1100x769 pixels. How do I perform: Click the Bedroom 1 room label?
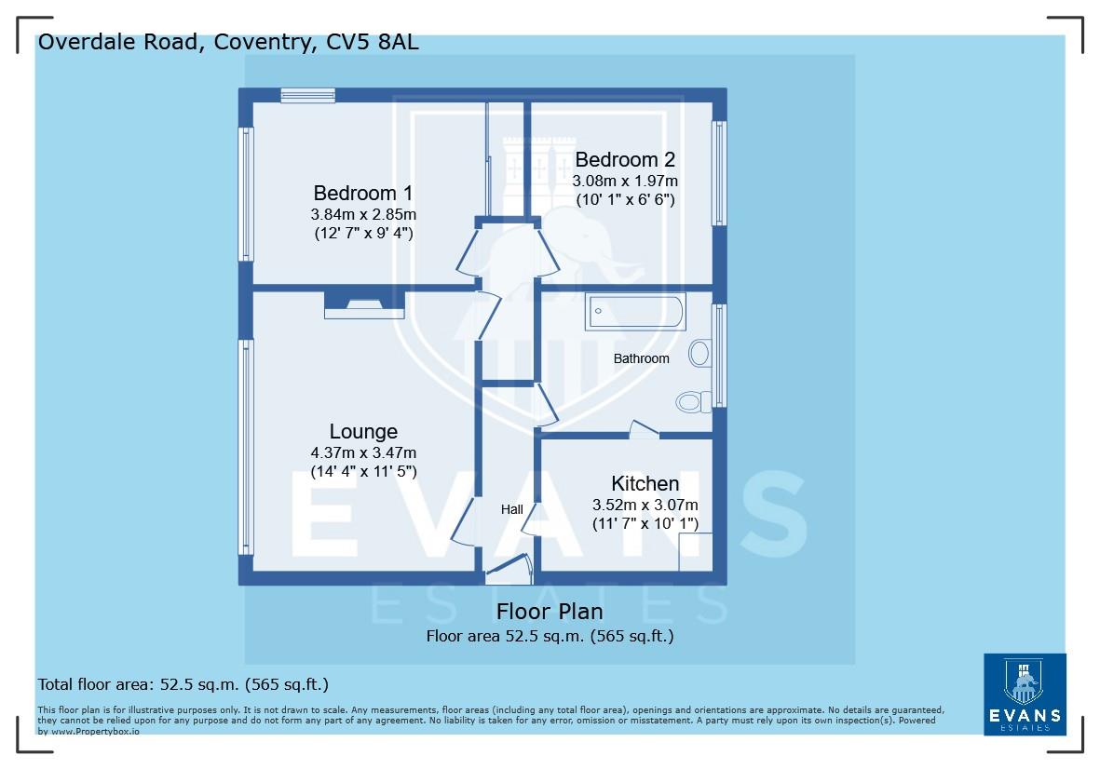pos(362,194)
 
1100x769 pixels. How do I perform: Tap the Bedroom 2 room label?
pos(624,159)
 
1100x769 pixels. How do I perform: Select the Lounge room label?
pos(363,432)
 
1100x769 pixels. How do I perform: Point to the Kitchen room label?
pos(645,484)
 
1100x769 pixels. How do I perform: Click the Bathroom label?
pos(641,358)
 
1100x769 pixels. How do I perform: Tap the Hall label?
pos(511,509)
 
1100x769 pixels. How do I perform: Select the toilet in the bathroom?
pos(692,401)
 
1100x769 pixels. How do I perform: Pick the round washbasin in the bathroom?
pos(699,353)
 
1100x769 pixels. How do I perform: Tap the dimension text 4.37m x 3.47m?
pos(363,452)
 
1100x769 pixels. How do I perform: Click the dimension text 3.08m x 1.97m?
pos(624,181)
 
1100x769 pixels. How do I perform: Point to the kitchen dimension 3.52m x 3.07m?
pos(645,505)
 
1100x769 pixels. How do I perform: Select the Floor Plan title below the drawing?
pos(550,612)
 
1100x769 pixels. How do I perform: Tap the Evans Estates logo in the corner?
pos(1024,694)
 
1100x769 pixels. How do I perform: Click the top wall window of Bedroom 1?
pos(307,93)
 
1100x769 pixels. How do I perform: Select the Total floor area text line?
pos(183,684)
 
